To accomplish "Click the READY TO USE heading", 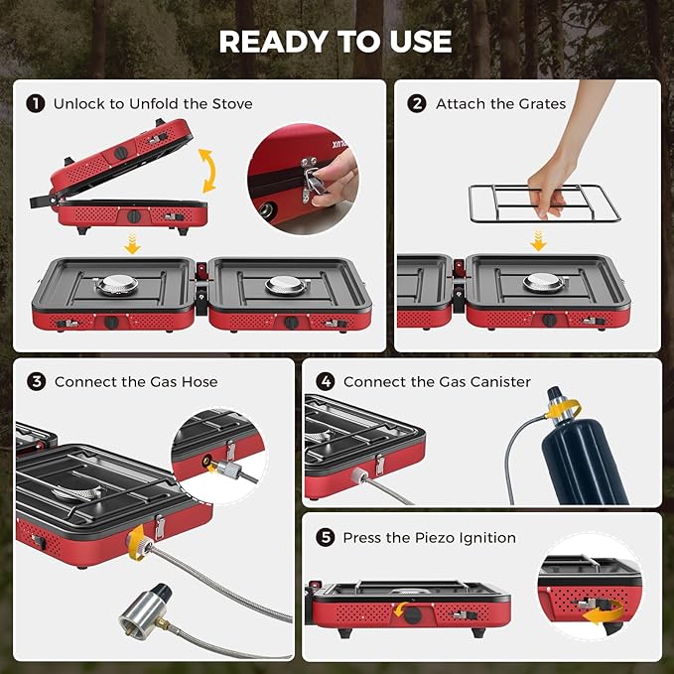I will coord(336,41).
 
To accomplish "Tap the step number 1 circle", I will coord(36,103).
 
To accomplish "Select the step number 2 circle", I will coord(417,103).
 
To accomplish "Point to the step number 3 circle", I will coord(37,381).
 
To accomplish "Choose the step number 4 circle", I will coord(325,381).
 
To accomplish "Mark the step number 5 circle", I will coord(325,537).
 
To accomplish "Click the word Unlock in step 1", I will coord(77,103).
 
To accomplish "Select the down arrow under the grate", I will coord(539,240).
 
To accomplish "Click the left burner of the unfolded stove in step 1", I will coord(115,285).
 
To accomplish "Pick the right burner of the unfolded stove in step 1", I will coord(284,285).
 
